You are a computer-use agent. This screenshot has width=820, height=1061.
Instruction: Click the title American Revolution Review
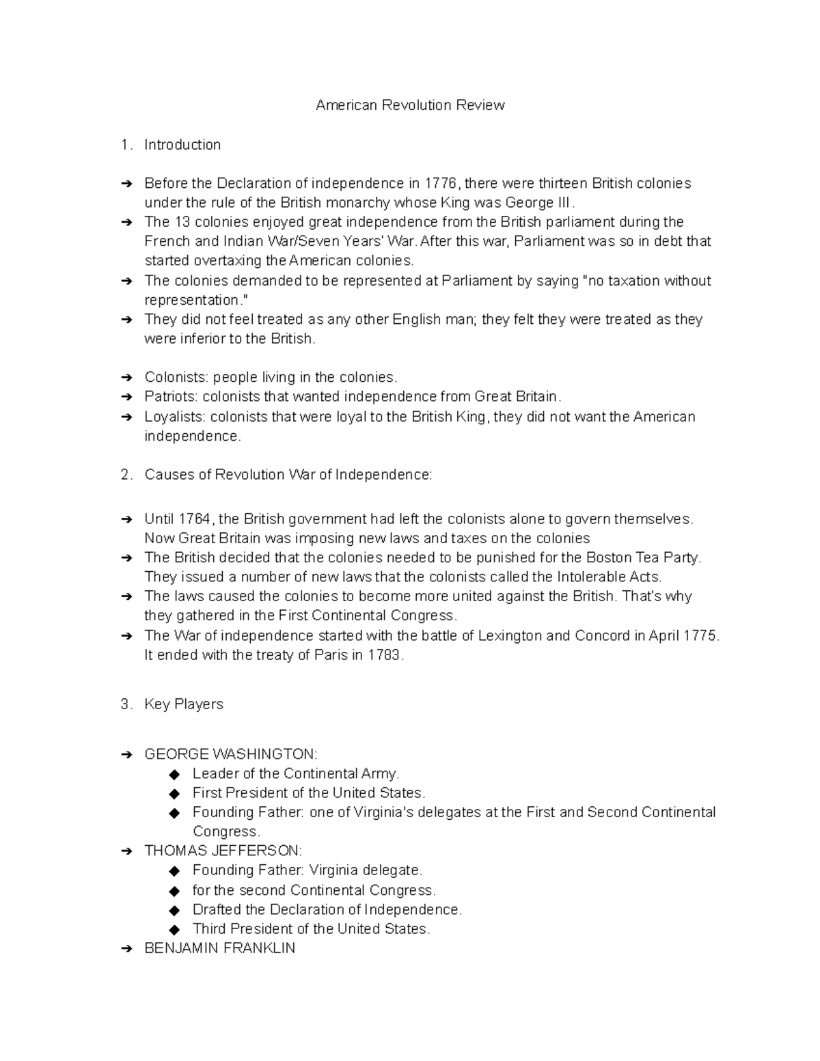[x=410, y=105]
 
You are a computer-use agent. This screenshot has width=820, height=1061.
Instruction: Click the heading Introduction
[x=182, y=145]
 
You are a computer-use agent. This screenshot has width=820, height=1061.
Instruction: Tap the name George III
[x=539, y=203]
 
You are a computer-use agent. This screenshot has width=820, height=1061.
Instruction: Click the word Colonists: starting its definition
[x=176, y=377]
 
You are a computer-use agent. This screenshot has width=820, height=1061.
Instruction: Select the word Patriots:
[x=171, y=396]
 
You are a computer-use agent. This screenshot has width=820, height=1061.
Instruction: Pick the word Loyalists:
[x=175, y=417]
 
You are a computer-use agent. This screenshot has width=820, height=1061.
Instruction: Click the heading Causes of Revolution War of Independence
[x=288, y=475]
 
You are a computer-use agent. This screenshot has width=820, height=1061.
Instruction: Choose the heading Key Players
[x=184, y=704]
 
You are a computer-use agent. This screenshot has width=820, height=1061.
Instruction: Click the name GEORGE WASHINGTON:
[x=230, y=754]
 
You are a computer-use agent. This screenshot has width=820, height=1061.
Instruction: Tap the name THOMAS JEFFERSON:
[x=223, y=851]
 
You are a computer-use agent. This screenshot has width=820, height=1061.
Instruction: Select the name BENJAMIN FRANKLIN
[x=219, y=948]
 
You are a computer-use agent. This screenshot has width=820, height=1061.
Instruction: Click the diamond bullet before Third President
[x=175, y=930]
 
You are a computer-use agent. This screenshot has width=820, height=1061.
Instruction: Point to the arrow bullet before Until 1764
[x=126, y=519]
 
